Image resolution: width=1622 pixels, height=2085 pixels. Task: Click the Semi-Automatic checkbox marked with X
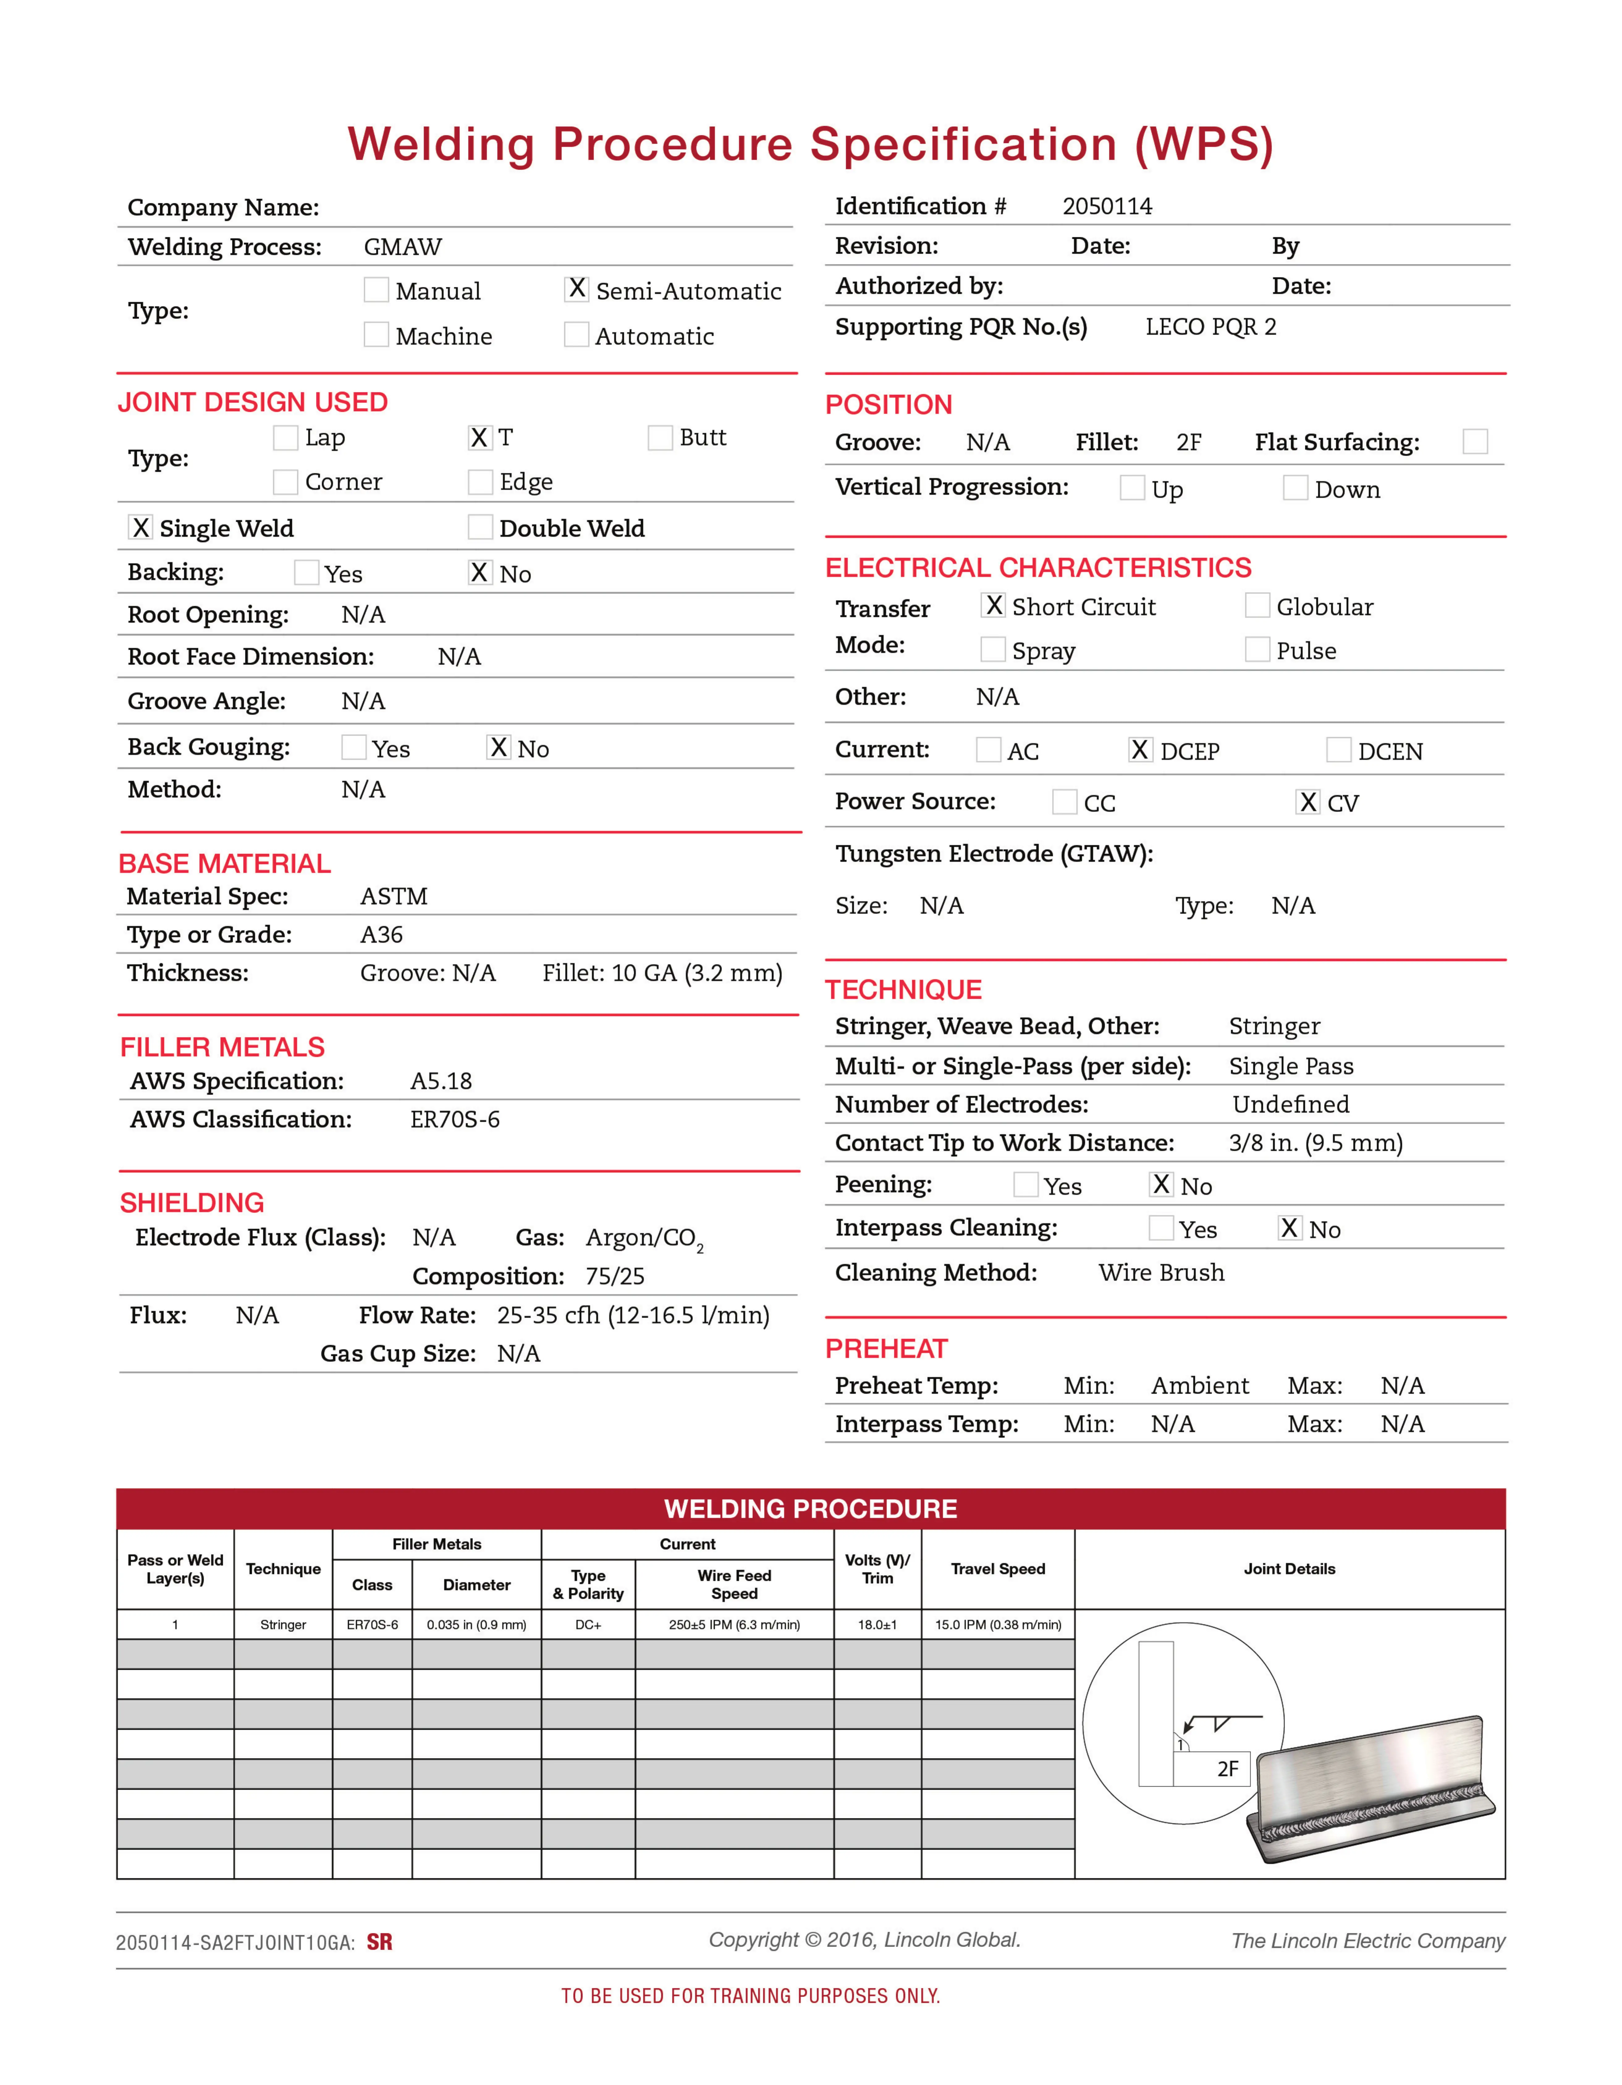click(577, 289)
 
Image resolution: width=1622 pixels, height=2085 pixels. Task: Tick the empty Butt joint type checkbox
click(660, 438)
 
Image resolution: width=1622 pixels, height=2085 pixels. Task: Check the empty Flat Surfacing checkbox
click(1475, 442)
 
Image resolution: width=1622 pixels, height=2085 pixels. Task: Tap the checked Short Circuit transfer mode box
click(993, 605)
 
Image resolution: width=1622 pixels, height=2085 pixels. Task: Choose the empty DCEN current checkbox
click(1338, 750)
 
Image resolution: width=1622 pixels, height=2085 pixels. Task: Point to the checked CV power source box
click(1307, 802)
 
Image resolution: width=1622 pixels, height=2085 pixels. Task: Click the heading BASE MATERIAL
click(224, 864)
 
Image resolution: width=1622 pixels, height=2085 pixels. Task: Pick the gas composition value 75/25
click(615, 1276)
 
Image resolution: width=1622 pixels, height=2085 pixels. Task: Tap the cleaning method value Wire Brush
click(1161, 1273)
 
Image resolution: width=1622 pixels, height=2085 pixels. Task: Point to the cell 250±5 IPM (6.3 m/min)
click(734, 1625)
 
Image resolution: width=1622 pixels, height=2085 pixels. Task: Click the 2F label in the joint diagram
click(1228, 1769)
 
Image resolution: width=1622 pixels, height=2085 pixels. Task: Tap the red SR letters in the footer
click(379, 1942)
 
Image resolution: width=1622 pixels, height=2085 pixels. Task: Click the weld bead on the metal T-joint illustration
click(1375, 1814)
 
